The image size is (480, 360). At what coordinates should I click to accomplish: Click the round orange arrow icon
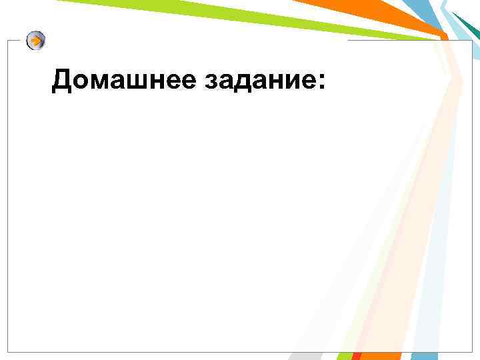tap(36, 41)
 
